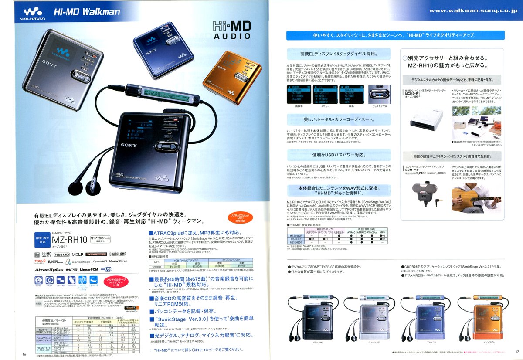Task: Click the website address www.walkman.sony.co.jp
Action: [473, 10]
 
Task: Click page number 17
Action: [517, 351]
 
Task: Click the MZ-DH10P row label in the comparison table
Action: [296, 235]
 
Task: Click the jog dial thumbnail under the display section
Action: [379, 94]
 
